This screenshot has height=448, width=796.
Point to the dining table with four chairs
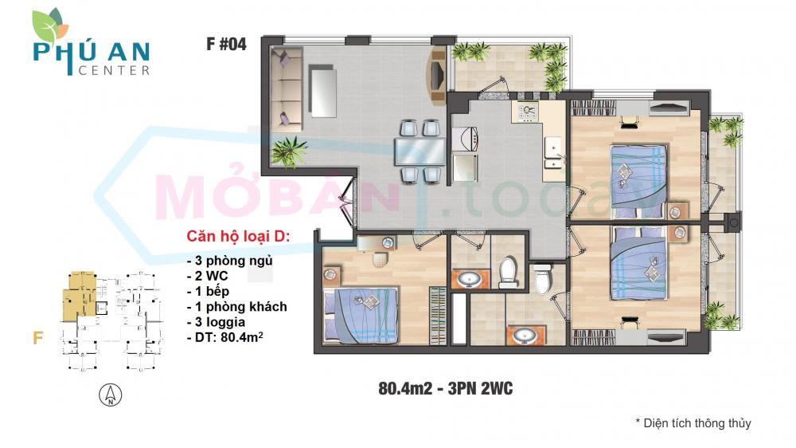click(x=419, y=151)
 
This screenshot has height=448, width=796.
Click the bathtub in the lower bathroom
click(x=460, y=319)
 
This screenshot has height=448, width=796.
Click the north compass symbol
click(x=111, y=394)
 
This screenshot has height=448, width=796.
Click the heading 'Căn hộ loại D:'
click(x=239, y=238)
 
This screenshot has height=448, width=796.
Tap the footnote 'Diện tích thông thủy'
click(x=693, y=423)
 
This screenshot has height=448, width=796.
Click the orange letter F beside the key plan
click(x=37, y=337)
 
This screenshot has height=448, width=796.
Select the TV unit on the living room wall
click(x=437, y=77)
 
